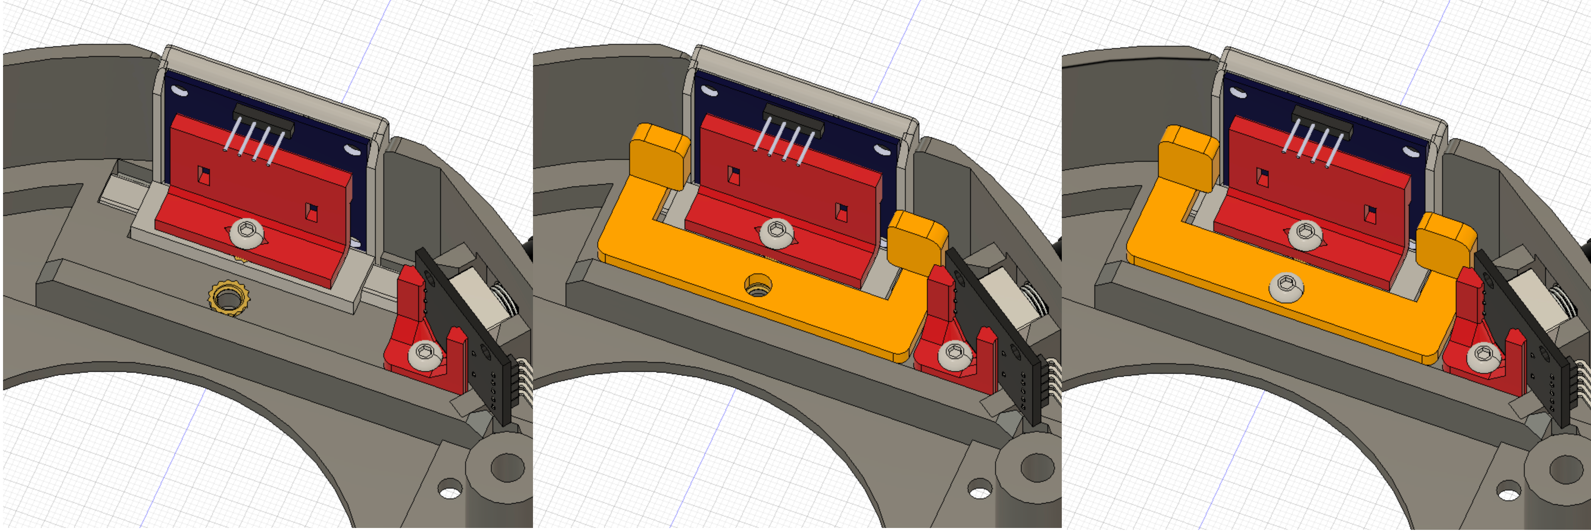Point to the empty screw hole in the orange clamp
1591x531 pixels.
pyautogui.click(x=758, y=285)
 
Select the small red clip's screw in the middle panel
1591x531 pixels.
pyautogui.click(x=955, y=355)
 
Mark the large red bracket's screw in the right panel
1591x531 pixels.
pyautogui.click(x=1305, y=234)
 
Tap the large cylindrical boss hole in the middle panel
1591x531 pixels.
pyautogui.click(x=1038, y=467)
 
